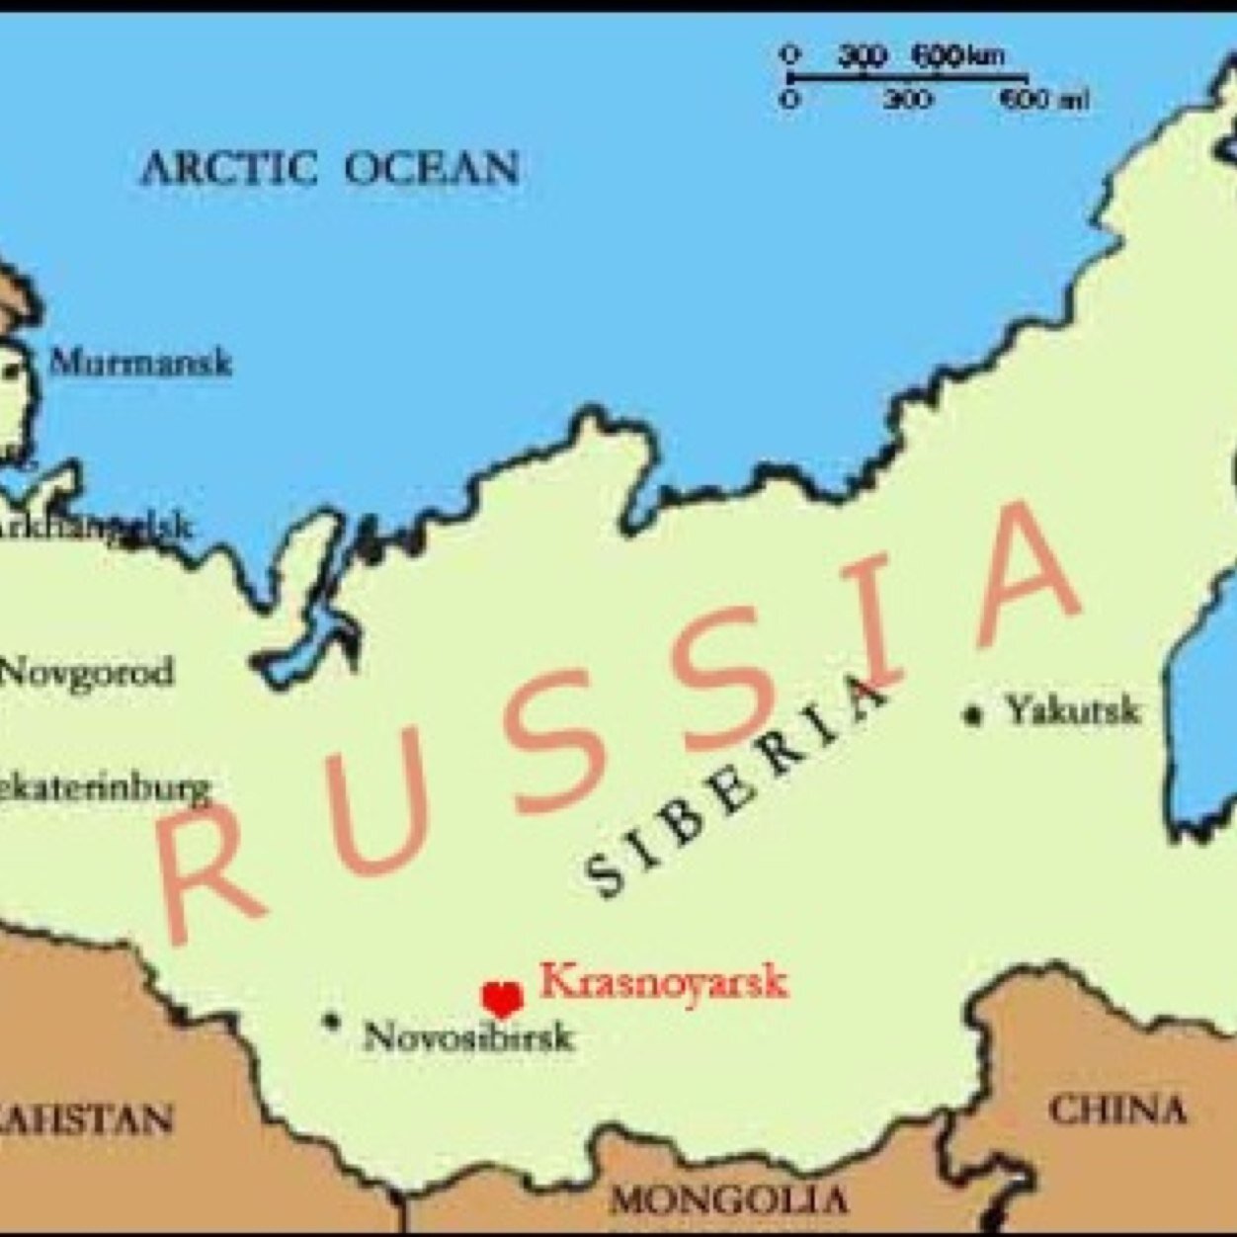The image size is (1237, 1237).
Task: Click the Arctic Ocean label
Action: (330, 168)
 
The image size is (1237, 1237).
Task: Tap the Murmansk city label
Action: (140, 363)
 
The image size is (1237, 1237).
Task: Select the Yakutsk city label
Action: (1073, 709)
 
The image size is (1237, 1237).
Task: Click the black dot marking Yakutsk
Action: (973, 715)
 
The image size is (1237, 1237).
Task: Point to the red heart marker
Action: (502, 999)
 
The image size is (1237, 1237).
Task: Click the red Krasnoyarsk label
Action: (664, 981)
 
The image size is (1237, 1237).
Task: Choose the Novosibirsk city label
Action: (468, 1037)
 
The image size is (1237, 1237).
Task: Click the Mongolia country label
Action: (729, 1199)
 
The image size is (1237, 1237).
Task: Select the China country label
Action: (1117, 1110)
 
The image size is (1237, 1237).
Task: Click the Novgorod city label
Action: (87, 673)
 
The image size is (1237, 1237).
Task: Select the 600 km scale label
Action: (956, 55)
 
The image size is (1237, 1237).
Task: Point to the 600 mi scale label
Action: (1045, 99)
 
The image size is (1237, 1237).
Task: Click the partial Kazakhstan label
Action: (87, 1119)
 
